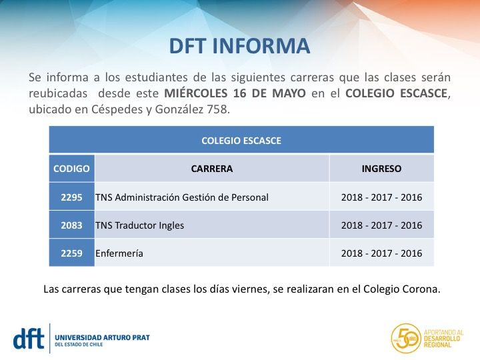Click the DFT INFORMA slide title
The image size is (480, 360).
click(x=239, y=46)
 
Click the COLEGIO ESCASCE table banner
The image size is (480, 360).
click(x=241, y=141)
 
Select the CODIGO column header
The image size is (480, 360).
click(x=71, y=169)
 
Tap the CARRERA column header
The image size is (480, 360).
click(x=212, y=169)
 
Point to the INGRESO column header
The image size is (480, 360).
click(x=381, y=169)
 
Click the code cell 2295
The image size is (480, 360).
click(x=71, y=197)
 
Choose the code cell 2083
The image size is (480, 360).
click(x=71, y=225)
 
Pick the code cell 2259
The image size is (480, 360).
click(x=71, y=253)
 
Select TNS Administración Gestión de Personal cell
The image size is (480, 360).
click(x=182, y=197)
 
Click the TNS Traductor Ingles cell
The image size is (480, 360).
click(x=140, y=225)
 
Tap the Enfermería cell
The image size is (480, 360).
click(x=119, y=253)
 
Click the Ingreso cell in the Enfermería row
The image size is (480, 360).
click(x=381, y=253)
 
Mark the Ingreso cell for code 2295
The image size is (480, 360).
click(x=381, y=197)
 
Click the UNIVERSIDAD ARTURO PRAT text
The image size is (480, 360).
click(x=102, y=337)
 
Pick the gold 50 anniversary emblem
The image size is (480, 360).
click(x=405, y=338)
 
